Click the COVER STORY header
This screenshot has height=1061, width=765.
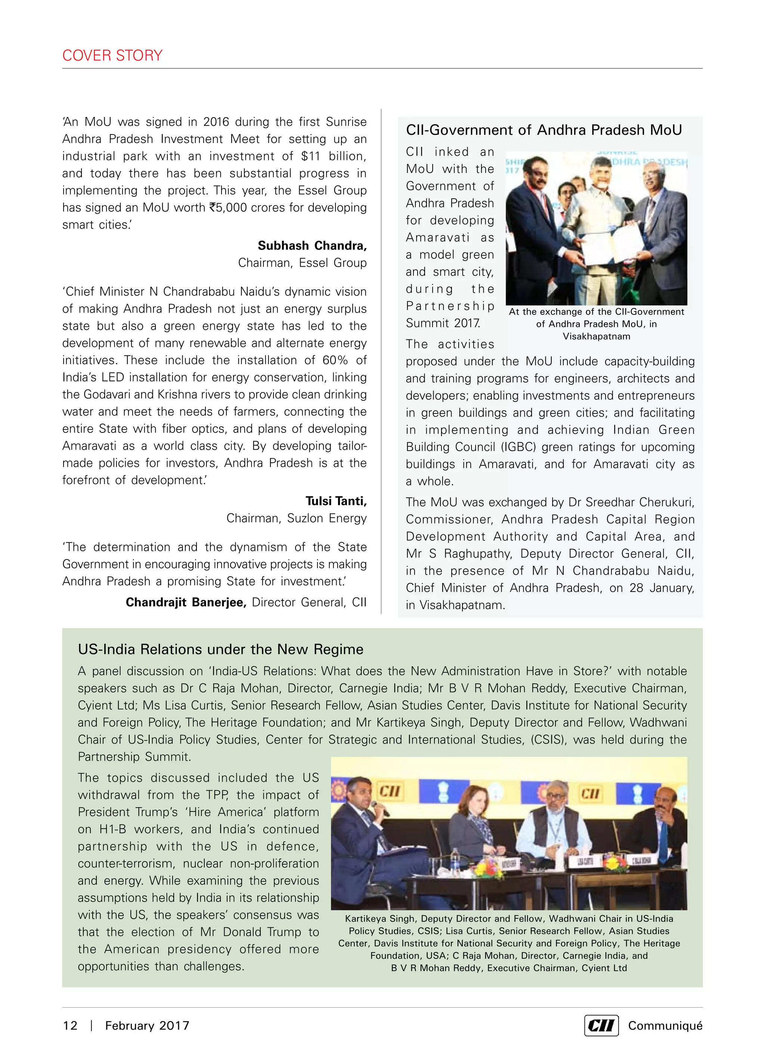pos(112,55)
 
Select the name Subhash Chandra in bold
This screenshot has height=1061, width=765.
pos(312,246)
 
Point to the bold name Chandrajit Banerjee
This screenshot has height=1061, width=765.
pos(186,602)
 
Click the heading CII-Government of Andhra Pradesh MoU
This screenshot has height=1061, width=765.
pos(544,130)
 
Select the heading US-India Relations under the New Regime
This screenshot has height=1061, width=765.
pos(220,649)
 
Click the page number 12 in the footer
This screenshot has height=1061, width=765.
pos(70,1026)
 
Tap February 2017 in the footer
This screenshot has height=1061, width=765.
pos(147,1026)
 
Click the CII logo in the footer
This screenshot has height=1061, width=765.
pos(601,1026)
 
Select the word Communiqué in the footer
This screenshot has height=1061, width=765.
pos(665,1026)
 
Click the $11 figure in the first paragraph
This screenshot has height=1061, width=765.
pos(310,156)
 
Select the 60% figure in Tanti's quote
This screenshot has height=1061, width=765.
pos(335,360)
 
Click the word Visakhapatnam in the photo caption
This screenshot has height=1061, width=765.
pos(596,336)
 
